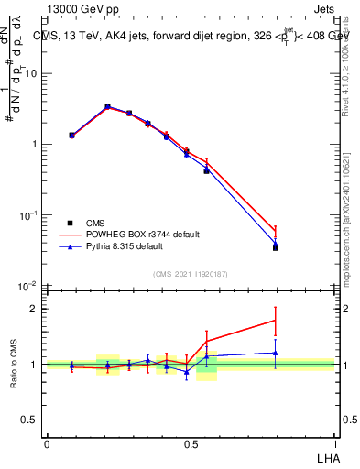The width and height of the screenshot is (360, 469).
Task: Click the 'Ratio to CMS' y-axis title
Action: point(14,364)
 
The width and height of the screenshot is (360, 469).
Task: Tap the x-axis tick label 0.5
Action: point(191,442)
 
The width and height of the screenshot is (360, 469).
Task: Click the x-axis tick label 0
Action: point(47,442)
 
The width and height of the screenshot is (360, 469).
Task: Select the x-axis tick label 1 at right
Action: point(334,442)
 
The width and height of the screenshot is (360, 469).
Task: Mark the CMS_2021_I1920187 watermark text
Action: point(191,274)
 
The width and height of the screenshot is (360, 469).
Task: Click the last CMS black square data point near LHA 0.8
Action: point(276,247)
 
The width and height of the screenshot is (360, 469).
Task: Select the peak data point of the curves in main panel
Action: point(107,107)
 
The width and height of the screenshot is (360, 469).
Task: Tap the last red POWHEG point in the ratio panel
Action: point(276,320)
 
